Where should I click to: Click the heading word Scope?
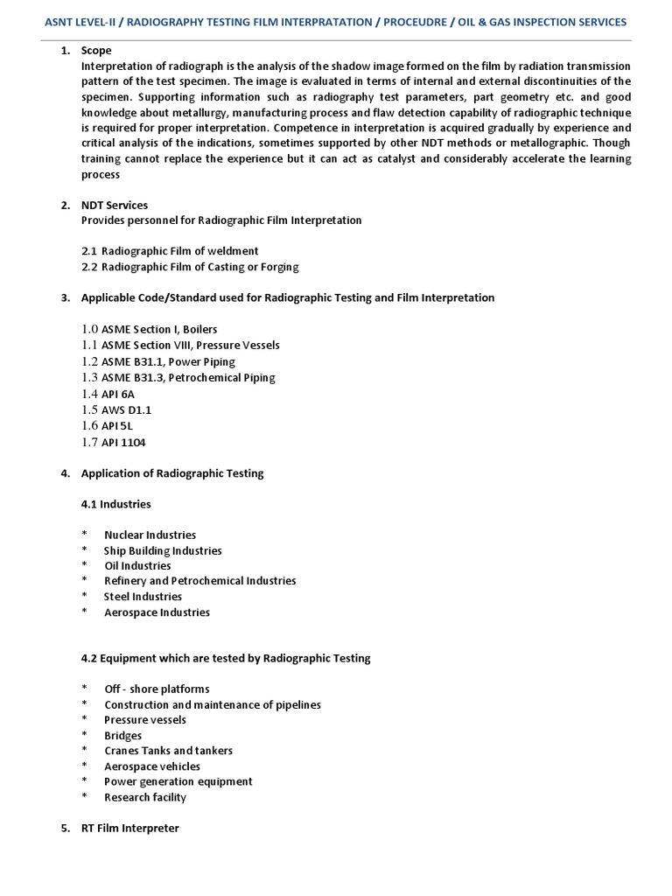[x=96, y=51]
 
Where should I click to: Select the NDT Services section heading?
[x=115, y=205]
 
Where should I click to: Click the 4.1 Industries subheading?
[x=115, y=504]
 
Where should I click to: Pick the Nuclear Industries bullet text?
[x=150, y=535]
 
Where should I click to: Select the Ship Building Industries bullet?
[x=163, y=550]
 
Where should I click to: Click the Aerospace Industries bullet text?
[x=157, y=612]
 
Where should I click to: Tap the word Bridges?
[x=122, y=736]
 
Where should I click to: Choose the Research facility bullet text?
[x=145, y=797]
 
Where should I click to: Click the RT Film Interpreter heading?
[x=129, y=828]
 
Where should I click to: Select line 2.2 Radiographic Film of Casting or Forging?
[x=190, y=267]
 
